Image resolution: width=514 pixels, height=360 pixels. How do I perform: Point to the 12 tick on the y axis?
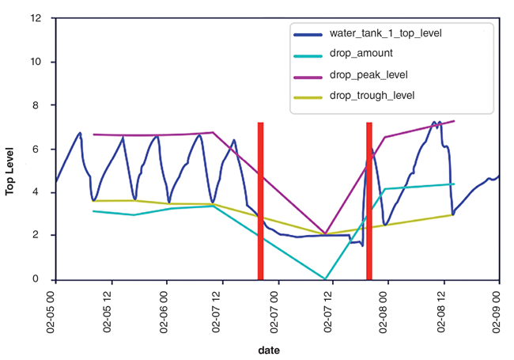pyautogui.click(x=36, y=17)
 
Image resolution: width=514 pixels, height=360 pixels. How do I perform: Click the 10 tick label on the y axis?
pyautogui.click(x=36, y=62)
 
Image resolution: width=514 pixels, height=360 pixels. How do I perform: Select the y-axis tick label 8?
pyautogui.click(x=39, y=105)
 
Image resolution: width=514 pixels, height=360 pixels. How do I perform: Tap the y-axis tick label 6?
pyautogui.click(x=39, y=149)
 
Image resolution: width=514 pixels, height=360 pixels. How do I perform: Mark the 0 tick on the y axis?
pyautogui.click(x=39, y=279)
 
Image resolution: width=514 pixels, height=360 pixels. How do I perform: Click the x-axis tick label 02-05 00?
pyautogui.click(x=55, y=308)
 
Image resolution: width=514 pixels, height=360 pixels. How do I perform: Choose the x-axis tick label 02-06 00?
pyautogui.click(x=166, y=308)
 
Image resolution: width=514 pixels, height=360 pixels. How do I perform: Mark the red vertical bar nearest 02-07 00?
pyautogui.click(x=260, y=201)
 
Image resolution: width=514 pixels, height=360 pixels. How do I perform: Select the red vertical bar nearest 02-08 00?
pyautogui.click(x=369, y=201)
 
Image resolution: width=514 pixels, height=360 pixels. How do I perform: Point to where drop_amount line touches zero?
pyautogui.click(x=325, y=279)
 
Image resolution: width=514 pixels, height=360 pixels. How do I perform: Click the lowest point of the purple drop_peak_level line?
pyautogui.click(x=326, y=233)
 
